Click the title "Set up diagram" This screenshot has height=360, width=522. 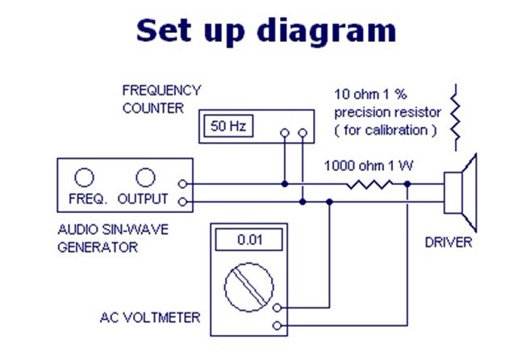[x=265, y=30]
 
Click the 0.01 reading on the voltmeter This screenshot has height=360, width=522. [x=248, y=240]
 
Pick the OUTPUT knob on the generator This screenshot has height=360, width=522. [x=144, y=177]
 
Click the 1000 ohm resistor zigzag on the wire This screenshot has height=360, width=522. [x=370, y=185]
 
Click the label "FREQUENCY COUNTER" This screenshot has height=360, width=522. [x=161, y=98]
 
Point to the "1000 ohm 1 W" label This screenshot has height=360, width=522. [x=369, y=166]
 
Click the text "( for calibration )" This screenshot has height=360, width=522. [x=386, y=129]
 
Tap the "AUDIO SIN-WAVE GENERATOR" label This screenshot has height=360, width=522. [x=112, y=237]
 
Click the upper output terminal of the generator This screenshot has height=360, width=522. [x=186, y=185]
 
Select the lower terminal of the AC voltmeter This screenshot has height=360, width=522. [x=278, y=325]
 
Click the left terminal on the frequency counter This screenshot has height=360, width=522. [x=284, y=132]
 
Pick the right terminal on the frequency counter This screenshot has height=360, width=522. [x=303, y=132]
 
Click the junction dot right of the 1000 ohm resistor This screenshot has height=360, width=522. [x=407, y=185]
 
